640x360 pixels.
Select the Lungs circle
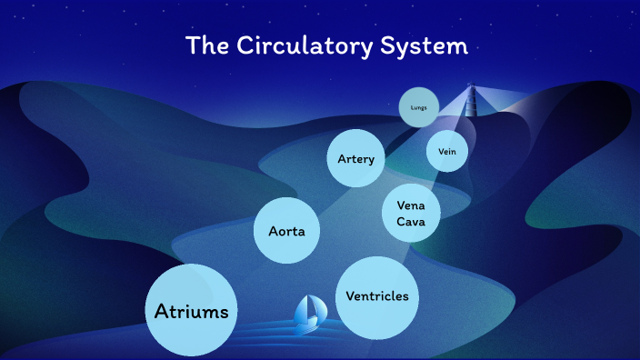tap(419, 107)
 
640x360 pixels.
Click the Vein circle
tap(447, 152)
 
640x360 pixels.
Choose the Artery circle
tap(355, 159)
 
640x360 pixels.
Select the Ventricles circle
tap(377, 296)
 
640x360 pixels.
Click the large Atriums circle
tap(192, 311)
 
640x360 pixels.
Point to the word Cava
tap(411, 221)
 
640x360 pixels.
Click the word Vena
tap(411, 205)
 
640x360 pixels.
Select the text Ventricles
tap(377, 296)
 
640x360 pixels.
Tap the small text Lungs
tap(419, 107)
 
